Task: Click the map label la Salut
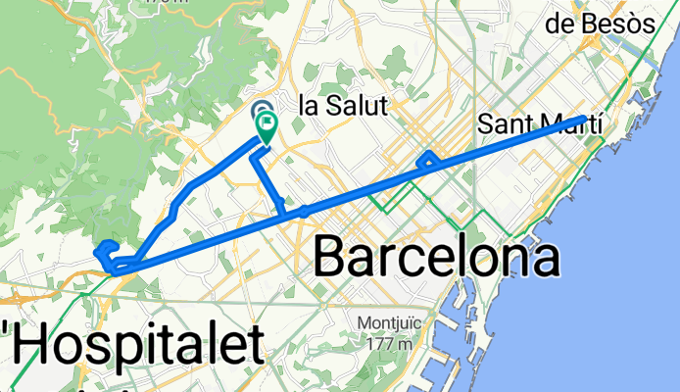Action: [x=342, y=106]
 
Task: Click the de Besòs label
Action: [x=604, y=24]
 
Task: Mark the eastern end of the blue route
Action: [x=586, y=119]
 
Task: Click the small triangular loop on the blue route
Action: [x=427, y=159]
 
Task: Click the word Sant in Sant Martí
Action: [x=506, y=124]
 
